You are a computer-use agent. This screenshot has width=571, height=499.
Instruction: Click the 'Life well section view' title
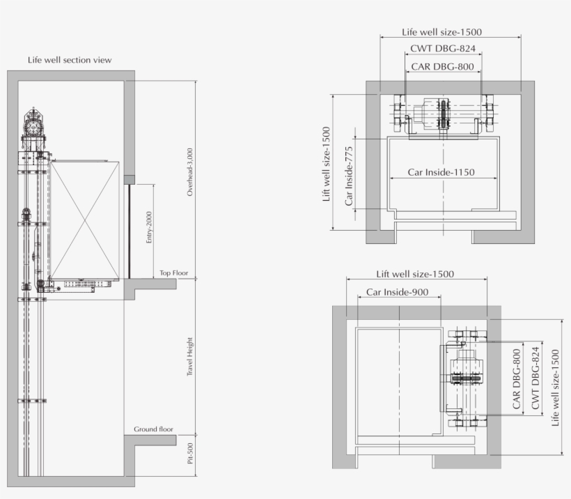70,60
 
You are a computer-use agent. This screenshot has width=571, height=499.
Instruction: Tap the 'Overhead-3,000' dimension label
189,172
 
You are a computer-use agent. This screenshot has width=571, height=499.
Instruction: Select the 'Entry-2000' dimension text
148,227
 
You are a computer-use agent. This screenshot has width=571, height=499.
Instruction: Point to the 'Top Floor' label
173,273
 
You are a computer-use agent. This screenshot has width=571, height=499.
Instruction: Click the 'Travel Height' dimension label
189,357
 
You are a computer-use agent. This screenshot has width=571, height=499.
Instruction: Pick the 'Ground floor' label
153,429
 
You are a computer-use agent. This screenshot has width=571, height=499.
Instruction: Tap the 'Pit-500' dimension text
190,454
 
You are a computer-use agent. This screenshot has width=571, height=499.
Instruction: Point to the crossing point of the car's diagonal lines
85,220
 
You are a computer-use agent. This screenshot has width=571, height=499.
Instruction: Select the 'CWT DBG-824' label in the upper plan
443,49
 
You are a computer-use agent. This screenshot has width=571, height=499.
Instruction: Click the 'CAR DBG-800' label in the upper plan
442,67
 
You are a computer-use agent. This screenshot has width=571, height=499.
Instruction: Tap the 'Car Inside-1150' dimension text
441,172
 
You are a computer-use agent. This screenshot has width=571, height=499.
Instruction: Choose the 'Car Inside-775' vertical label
349,176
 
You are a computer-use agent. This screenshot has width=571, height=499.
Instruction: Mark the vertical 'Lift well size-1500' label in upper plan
327,164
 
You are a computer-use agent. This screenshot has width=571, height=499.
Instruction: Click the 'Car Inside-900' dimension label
398,292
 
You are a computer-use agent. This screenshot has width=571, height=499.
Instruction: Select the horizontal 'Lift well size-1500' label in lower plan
415,274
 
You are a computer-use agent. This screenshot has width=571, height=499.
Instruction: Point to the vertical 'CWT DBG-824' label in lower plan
535,378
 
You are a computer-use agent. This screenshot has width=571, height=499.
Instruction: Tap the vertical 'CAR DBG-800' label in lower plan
517,379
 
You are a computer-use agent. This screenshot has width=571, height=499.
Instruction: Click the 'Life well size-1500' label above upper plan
441,32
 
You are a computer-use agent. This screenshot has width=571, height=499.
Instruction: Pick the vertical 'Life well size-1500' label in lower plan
555,387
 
